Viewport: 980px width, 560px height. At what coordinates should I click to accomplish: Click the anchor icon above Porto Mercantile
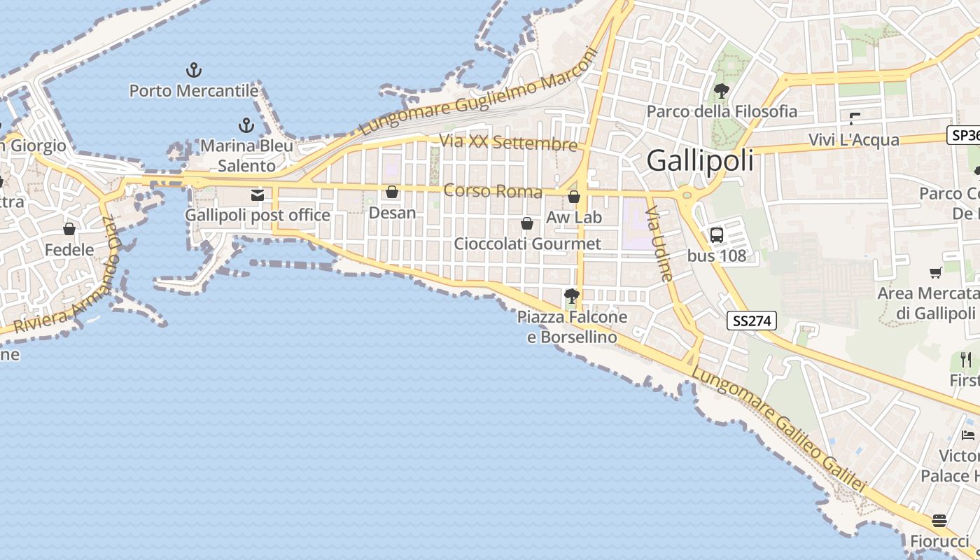pos(194,70)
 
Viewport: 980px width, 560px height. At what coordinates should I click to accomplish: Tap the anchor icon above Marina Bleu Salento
pos(246,125)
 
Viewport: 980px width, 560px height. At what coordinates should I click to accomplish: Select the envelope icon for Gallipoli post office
pos(258,195)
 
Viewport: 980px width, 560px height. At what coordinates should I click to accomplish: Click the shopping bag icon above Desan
pos(392,192)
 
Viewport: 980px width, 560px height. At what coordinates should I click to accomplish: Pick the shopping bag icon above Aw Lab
pos(574,197)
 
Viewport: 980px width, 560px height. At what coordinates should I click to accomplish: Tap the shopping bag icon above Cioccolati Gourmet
pos(527,223)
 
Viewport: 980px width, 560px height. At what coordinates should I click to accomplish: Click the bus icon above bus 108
pos(717,235)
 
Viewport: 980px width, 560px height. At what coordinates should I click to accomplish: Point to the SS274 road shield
pos(752,321)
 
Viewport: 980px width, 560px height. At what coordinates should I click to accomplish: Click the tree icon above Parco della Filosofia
pos(721,91)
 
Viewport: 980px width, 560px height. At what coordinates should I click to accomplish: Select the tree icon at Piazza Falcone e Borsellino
pos(572,296)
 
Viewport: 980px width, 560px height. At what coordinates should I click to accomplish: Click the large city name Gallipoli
pos(700,161)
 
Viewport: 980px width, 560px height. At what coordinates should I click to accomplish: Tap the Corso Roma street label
pos(493,191)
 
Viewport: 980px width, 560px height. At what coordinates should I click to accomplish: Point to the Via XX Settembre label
pos(508,143)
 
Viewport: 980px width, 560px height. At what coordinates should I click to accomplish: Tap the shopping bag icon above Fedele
pos(69,229)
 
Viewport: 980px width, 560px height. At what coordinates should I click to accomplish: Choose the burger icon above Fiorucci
pos(939,521)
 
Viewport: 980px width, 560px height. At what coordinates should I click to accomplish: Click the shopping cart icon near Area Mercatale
pos(935,272)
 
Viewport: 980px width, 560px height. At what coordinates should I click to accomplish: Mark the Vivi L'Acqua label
pos(853,139)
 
